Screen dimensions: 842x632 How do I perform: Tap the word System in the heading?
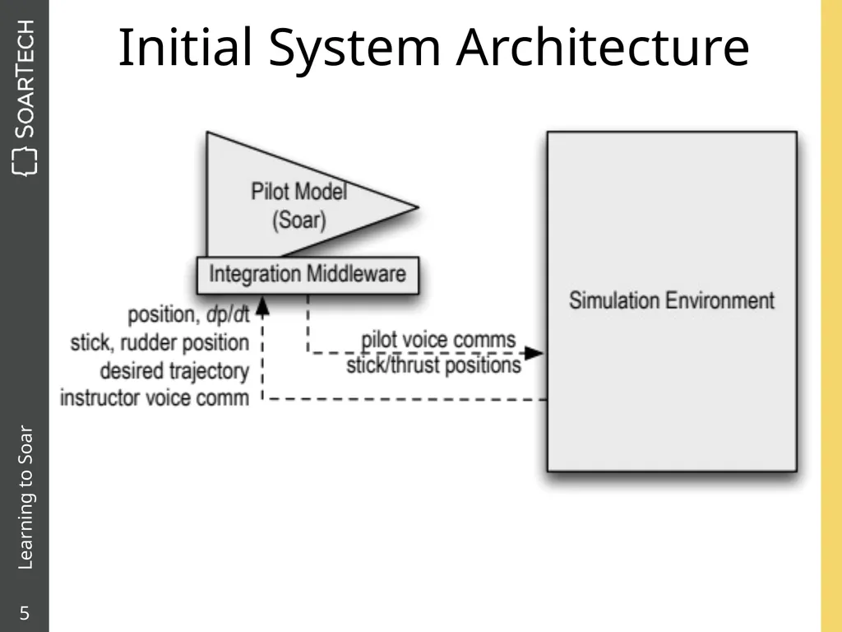354,49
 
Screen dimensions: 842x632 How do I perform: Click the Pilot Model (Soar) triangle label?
299,206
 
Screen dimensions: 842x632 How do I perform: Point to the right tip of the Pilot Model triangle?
418,207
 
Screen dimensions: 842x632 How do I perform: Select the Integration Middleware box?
308,275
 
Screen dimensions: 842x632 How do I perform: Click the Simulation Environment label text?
672,300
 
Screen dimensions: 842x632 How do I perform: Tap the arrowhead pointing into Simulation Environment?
534,353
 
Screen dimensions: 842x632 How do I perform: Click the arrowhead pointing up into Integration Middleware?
262,306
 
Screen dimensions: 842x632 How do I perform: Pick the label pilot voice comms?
438,340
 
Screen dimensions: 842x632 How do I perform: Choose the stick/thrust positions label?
433,365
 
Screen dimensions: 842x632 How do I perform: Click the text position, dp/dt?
188,315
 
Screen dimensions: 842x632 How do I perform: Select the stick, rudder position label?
160,343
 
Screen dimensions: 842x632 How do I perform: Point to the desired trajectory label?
174,371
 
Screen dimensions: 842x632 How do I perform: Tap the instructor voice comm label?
155,398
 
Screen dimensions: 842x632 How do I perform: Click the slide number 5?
25,613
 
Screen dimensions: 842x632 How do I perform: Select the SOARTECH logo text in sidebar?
25,78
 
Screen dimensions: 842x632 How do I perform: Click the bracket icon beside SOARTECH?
25,162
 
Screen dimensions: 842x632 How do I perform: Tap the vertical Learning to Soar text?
25,497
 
